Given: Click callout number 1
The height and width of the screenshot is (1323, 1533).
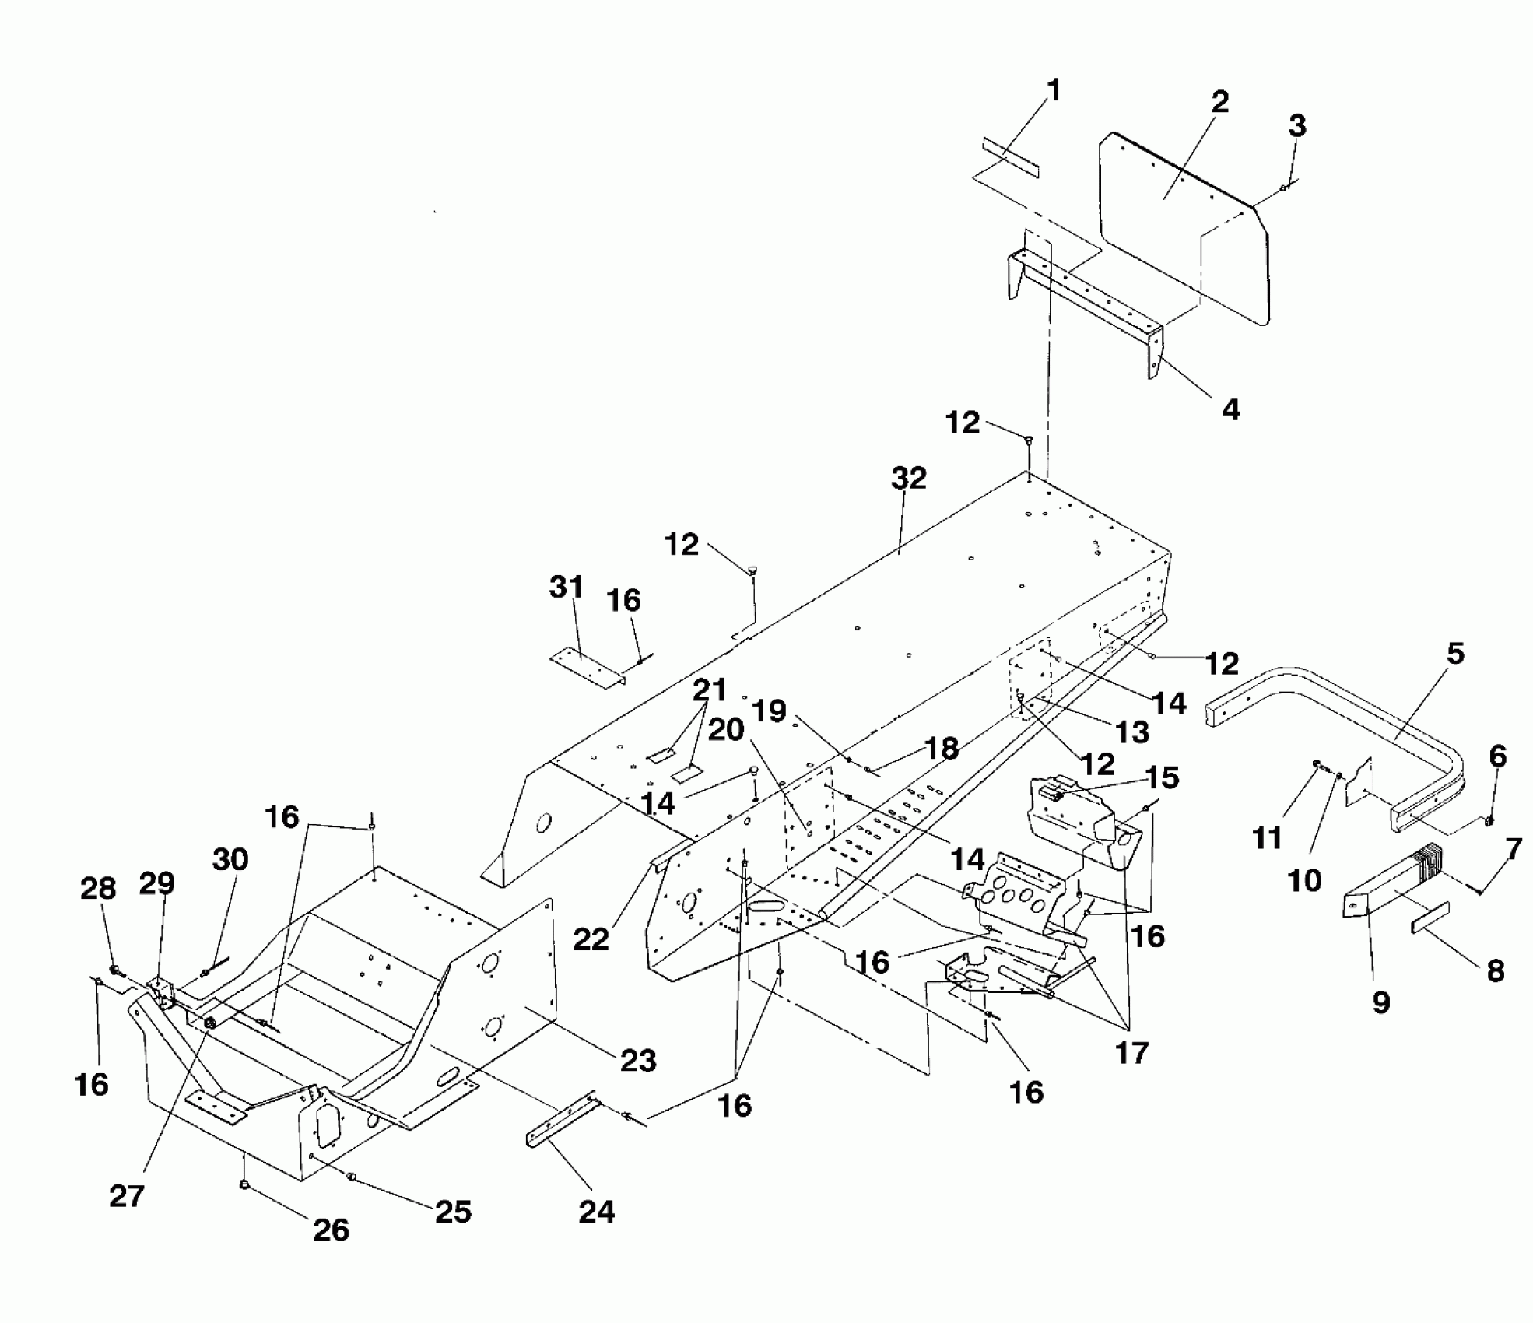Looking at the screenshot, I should pos(1054,91).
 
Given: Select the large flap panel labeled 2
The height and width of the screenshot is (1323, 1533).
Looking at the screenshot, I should pos(1183,226).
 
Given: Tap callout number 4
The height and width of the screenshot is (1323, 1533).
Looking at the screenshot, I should pos(1230,409).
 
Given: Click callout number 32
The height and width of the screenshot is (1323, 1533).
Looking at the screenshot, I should pos(908,478).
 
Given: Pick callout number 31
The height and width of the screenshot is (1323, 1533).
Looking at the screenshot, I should pos(566,588).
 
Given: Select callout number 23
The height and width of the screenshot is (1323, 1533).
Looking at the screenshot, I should pos(638,1060).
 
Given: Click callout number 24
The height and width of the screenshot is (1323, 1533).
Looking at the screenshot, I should pos(597,1212).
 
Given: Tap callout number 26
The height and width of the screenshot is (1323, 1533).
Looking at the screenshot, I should pos(331,1230).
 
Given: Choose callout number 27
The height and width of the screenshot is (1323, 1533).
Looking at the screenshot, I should pos(127,1196).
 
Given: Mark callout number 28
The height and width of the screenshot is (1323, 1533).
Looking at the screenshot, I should pos(98,888).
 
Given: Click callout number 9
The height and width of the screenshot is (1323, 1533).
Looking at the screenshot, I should pos(1380,1003).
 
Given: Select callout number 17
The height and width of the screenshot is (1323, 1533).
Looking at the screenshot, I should pos(1131,1053).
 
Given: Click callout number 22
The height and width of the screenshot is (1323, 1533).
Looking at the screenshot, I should pos(591,939).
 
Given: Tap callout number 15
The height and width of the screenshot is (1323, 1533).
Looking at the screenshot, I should pos(1163,777).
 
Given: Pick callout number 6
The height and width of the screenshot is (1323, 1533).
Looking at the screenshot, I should pos(1497,756).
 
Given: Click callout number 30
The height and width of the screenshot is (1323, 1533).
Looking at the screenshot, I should pos(230,860).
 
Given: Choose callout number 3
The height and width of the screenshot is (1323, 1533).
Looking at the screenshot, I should pos(1297,125).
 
